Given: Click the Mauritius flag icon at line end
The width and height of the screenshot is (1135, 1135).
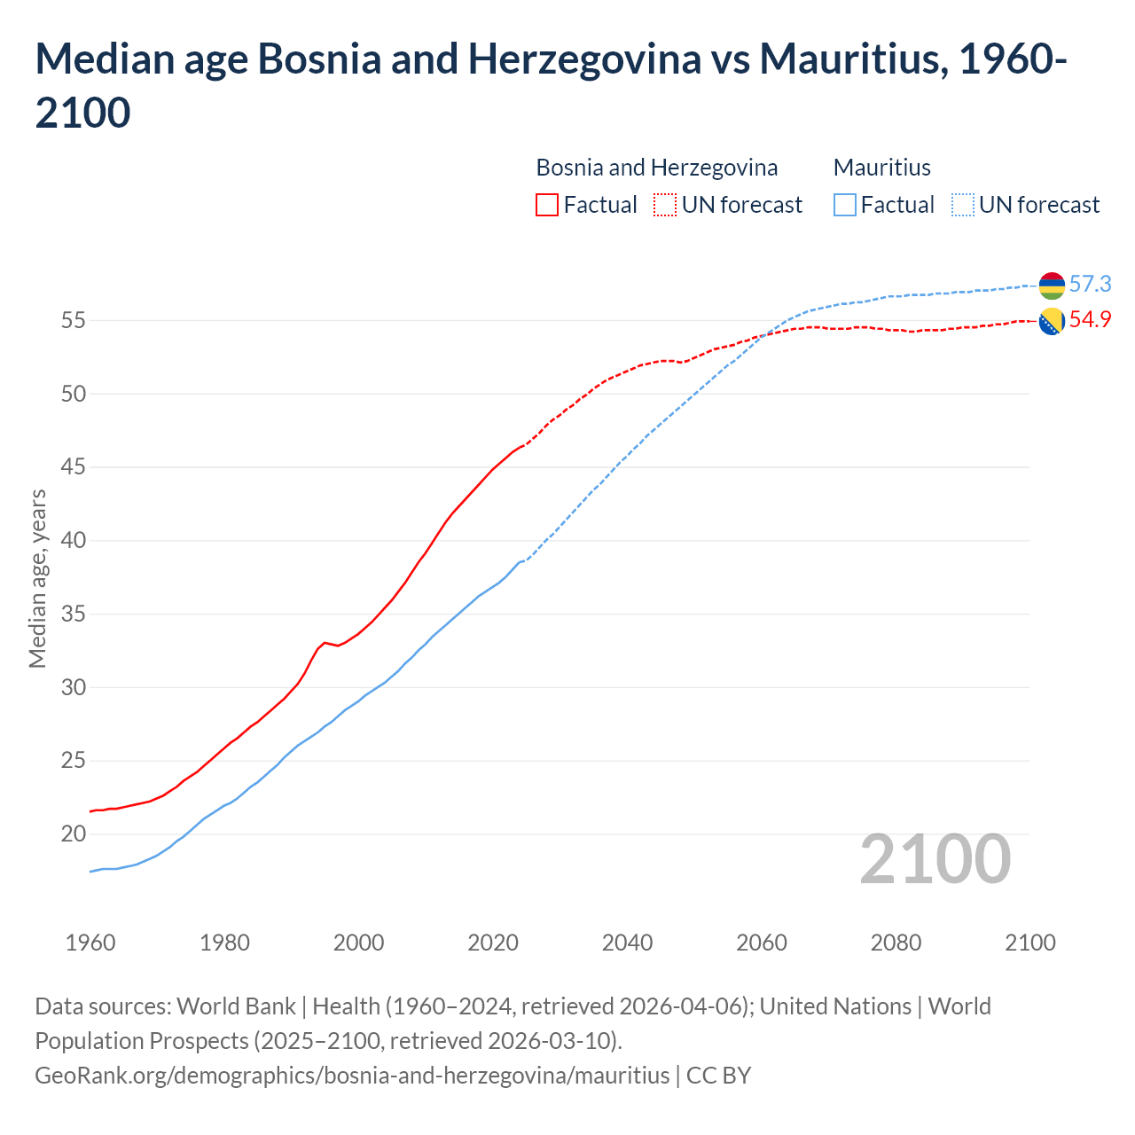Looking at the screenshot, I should [x=1052, y=286].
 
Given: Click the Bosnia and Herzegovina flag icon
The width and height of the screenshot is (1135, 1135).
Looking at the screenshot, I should [x=1052, y=322].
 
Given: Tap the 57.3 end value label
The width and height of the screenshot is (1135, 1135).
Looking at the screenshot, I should [x=1090, y=284].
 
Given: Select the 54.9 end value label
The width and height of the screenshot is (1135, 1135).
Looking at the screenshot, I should [x=1090, y=320].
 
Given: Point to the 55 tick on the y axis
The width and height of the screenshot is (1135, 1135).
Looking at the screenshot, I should [x=73, y=320].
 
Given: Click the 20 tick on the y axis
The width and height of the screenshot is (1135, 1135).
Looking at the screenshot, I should [x=73, y=834].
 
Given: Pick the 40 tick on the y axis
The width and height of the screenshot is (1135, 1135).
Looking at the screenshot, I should [x=73, y=541].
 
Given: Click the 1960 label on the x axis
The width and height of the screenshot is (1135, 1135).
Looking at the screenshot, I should [x=90, y=943].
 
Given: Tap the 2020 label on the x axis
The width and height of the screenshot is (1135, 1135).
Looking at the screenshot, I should [x=493, y=943].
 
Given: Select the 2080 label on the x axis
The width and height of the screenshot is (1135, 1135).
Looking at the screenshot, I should [x=896, y=943].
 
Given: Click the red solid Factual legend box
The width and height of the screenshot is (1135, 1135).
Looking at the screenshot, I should [x=547, y=205].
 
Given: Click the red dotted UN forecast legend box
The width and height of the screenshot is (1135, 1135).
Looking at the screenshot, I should [x=665, y=205].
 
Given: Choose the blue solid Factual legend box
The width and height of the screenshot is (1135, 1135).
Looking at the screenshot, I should [x=845, y=205].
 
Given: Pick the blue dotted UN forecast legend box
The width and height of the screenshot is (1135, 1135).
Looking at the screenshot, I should [x=963, y=205].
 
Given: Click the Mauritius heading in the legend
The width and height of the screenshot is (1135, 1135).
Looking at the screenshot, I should [x=881, y=168].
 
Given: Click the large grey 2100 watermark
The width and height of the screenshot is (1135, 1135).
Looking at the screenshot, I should [x=935, y=858].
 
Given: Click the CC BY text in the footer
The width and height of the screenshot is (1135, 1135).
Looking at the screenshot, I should [x=718, y=1075].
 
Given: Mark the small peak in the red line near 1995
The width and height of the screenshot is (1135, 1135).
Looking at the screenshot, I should [x=325, y=642].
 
